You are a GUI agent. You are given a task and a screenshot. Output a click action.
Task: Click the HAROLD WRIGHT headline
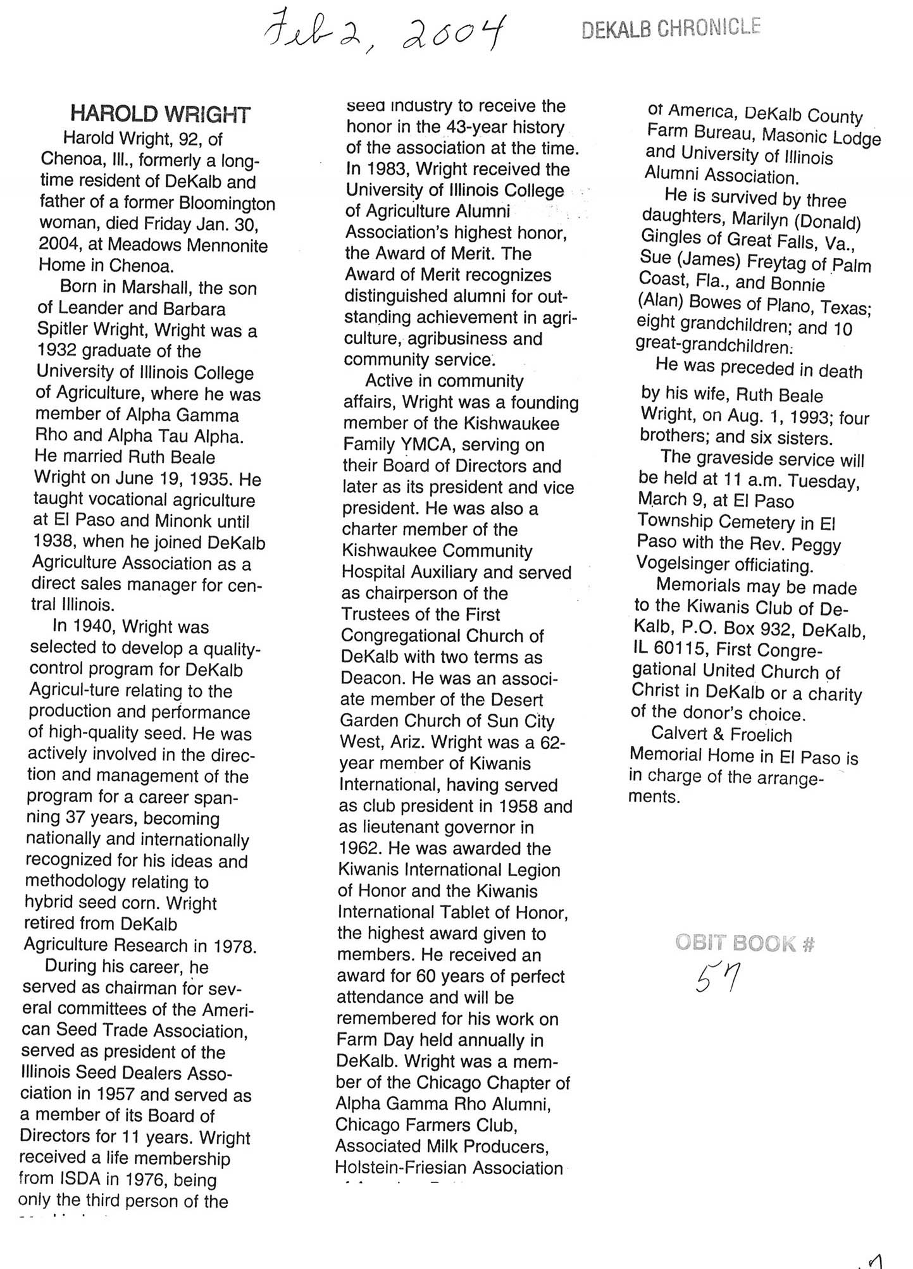tap(160, 114)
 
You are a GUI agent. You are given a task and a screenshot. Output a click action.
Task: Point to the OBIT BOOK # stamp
tap(744, 943)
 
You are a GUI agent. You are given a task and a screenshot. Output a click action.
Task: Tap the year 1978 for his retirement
tap(235, 946)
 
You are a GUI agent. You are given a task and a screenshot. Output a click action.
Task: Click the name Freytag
tap(782, 262)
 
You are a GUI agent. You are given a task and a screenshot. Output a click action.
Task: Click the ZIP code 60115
tap(683, 650)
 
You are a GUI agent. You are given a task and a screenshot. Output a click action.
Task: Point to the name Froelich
tap(761, 735)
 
